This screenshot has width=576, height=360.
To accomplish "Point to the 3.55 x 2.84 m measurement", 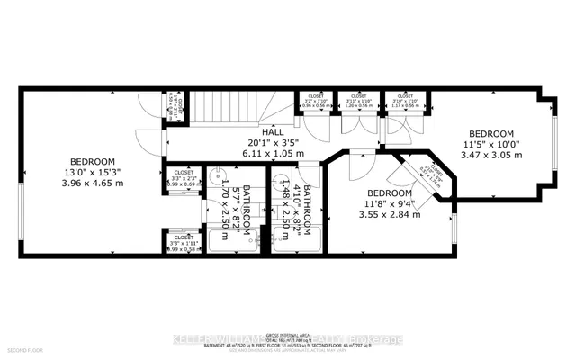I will coord(389,215).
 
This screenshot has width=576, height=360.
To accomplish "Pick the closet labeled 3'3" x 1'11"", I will coord(184,243).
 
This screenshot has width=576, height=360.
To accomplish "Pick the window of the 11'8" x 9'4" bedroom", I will coord(454,231).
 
